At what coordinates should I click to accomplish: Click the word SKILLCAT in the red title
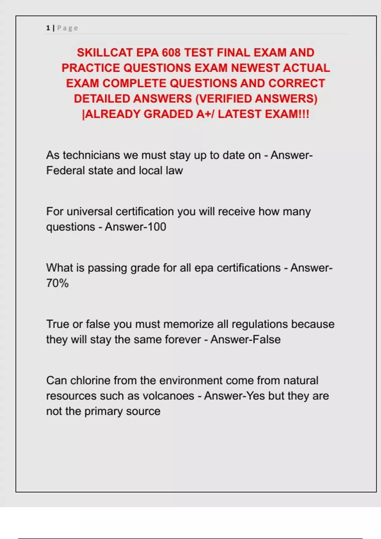click(105, 52)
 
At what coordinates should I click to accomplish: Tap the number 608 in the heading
click(171, 52)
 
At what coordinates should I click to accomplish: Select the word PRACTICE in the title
click(91, 68)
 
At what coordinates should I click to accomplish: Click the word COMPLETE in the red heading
click(134, 83)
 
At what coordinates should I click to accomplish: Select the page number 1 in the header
click(48, 28)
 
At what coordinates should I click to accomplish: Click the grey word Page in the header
click(67, 28)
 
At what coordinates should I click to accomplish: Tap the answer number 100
click(156, 227)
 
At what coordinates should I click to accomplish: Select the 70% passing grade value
click(57, 283)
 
